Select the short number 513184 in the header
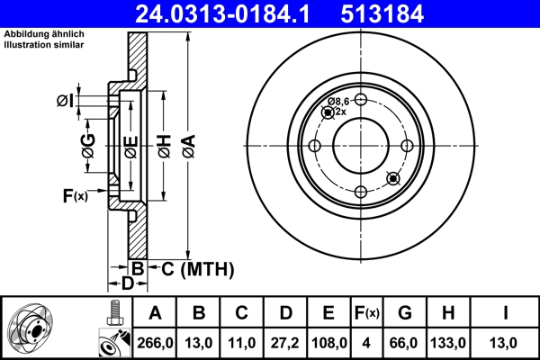tap(402, 13)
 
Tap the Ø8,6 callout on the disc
tap(337, 102)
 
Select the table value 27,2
tap(285, 342)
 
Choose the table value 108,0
tap(329, 342)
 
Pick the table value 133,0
tap(448, 342)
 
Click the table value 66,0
tap(405, 342)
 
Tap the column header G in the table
tap(405, 313)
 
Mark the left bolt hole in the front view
tap(314, 146)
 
